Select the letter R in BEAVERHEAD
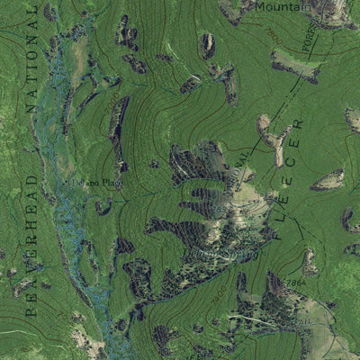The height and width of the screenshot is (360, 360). [x=31, y=238]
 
